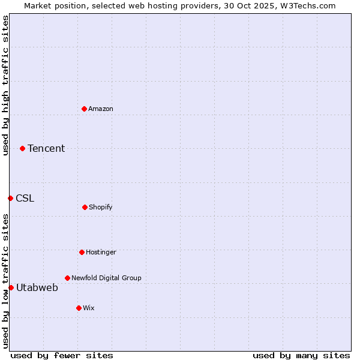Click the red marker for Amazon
tap(84, 109)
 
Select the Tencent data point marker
tap(22, 148)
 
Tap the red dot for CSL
tap(10, 198)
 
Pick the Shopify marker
tap(85, 207)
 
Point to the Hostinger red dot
tap(82, 252)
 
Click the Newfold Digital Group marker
tap(67, 278)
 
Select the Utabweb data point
tap(11, 287)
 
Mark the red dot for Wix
tap(79, 308)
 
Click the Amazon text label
tap(101, 109)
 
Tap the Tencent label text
tap(46, 148)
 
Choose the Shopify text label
tap(101, 207)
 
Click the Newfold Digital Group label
tap(106, 278)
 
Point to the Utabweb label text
tap(37, 287)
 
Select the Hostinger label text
tap(101, 252)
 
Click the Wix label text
tap(89, 308)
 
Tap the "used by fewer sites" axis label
tap(62, 355)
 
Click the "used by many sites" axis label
tap(301, 355)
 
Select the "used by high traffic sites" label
tap(5, 85)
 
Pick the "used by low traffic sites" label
tap(5, 280)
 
